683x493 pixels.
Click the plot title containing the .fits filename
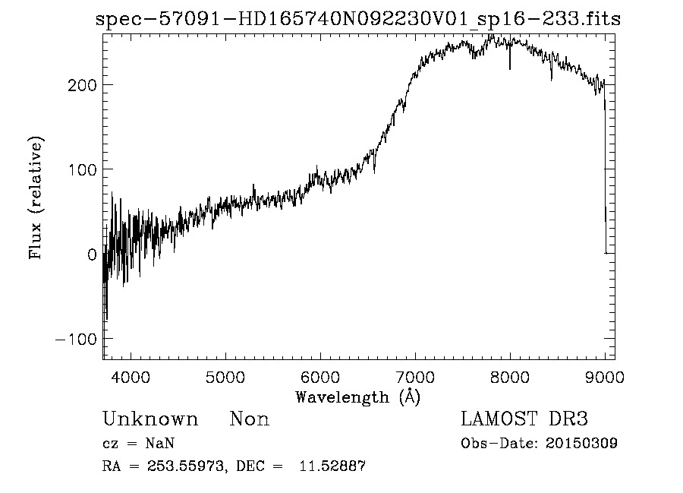pos(358,20)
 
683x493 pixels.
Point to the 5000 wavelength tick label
pos(225,376)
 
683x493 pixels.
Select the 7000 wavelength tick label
pos(415,376)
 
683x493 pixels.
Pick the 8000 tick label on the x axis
pos(510,376)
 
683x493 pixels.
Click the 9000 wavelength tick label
pos(605,376)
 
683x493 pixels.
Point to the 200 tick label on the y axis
pos(81,84)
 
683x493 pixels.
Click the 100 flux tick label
pos(81,169)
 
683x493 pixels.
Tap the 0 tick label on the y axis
pos(91,254)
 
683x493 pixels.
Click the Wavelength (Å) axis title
pos(357,397)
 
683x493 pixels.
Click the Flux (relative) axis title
pos(36,198)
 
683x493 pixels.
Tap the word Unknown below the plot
pos(150,419)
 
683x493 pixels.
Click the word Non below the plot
pos(250,419)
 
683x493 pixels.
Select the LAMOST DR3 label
pos(524,419)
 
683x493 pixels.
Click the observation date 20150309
pos(582,444)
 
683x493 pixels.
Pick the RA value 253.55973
pos(188,466)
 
